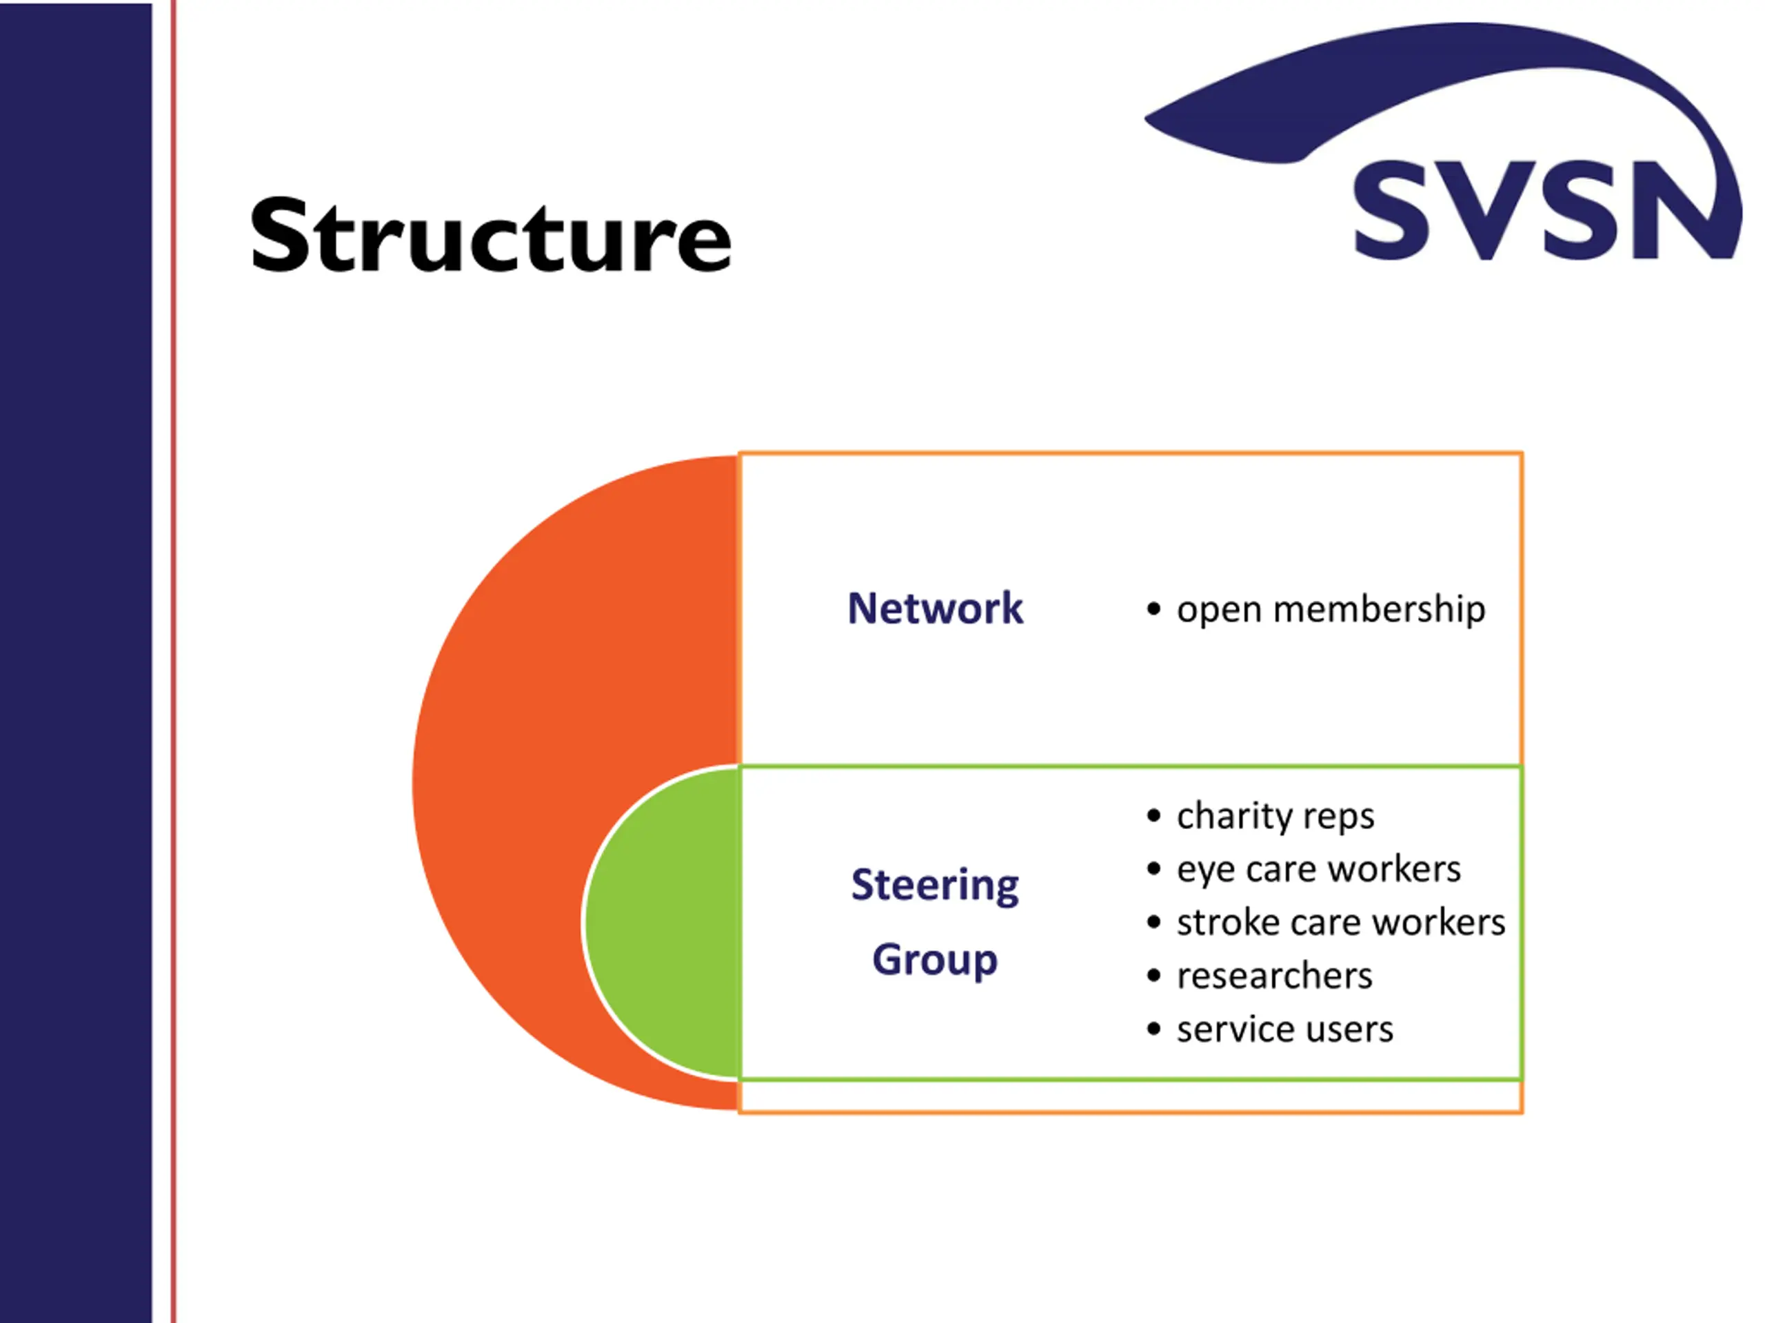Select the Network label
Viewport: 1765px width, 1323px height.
[934, 608]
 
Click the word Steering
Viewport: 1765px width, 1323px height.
[934, 885]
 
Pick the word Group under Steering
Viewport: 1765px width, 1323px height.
[934, 959]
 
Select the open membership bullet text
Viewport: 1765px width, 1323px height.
[1330, 609]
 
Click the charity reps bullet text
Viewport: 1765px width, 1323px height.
[1274, 816]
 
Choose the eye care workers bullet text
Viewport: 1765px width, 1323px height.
[1318, 868]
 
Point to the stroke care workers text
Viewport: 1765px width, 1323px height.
[1340, 922]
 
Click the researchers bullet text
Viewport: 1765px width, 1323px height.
[1274, 975]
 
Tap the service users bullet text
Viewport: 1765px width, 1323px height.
[1284, 1029]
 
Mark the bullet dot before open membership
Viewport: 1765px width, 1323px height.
[1153, 609]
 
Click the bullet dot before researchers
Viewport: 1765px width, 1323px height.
[1153, 975]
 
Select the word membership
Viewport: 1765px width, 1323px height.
[1379, 609]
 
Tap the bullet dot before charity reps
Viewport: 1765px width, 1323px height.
[1153, 816]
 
